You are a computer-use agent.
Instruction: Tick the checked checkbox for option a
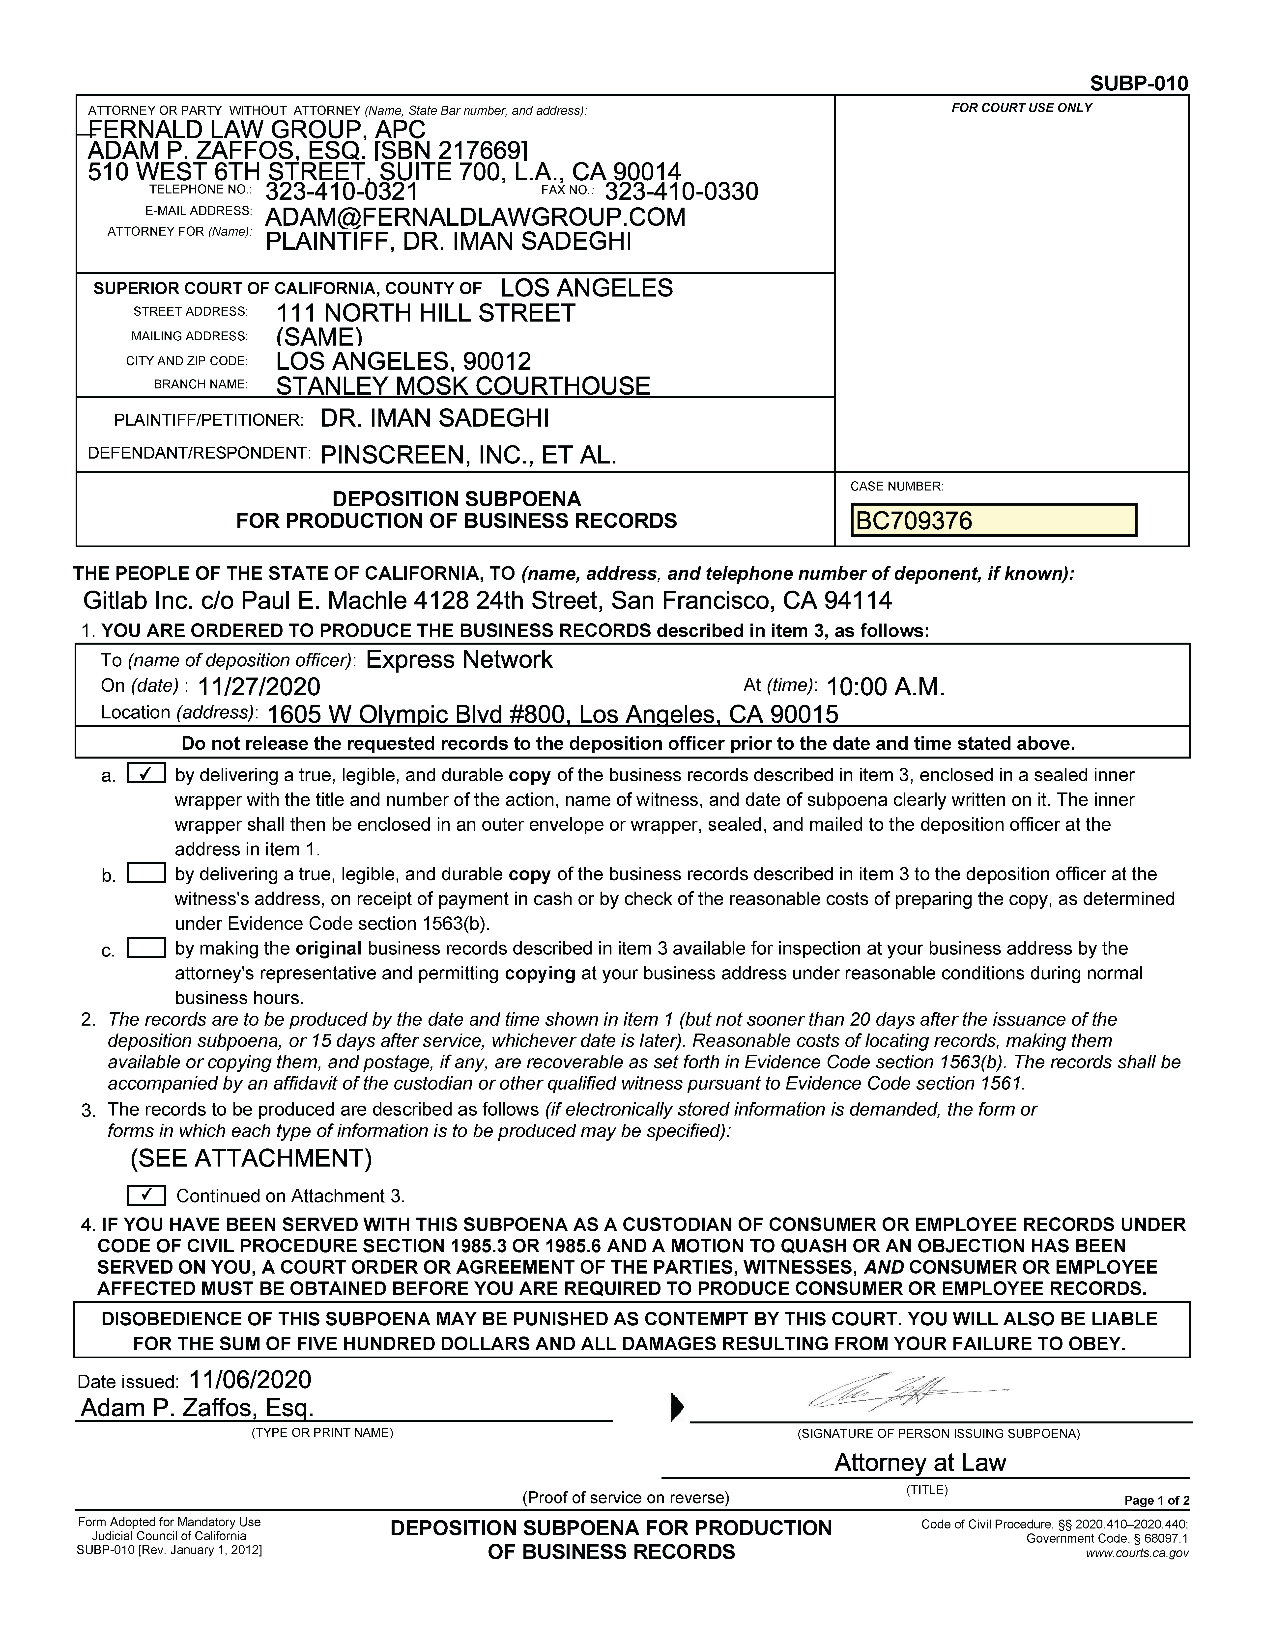[x=147, y=774]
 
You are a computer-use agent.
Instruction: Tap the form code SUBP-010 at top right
[x=1138, y=83]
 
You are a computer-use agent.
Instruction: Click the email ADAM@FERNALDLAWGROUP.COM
[x=476, y=217]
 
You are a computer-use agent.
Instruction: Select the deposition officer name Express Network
[x=459, y=659]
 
